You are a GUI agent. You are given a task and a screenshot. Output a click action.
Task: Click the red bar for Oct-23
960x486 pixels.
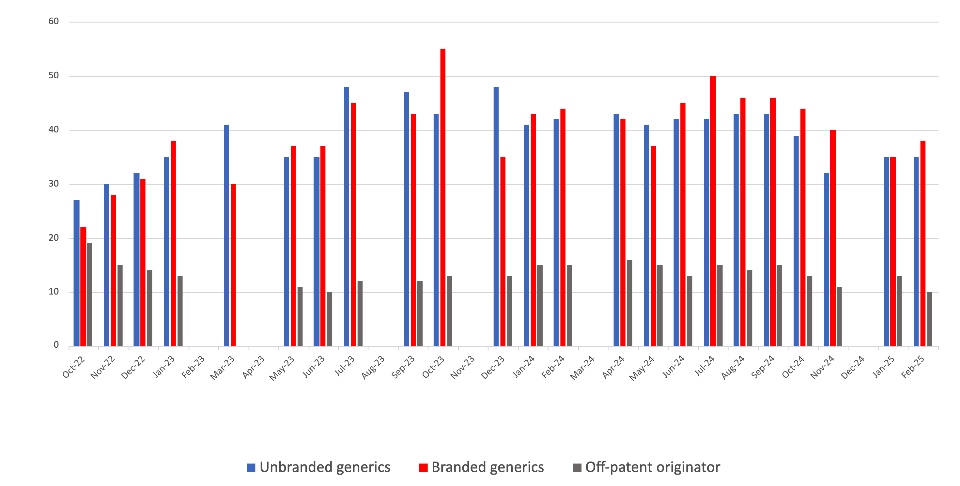click(443, 197)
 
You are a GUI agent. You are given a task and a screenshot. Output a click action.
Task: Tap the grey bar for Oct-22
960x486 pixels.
click(90, 295)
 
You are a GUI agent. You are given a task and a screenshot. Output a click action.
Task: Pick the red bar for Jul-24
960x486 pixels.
click(713, 211)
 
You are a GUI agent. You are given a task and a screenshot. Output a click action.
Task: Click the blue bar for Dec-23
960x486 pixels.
click(496, 216)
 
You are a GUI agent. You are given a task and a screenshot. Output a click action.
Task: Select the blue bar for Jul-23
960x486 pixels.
click(347, 216)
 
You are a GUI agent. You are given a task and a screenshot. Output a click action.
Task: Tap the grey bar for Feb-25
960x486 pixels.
click(929, 319)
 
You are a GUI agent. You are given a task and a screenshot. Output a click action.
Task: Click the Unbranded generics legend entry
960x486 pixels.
click(318, 467)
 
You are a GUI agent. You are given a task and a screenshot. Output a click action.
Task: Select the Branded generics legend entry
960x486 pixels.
click(482, 467)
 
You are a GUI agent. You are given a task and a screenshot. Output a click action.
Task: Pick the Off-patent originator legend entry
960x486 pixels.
click(647, 467)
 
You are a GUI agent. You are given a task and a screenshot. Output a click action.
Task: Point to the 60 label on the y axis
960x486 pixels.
click(54, 21)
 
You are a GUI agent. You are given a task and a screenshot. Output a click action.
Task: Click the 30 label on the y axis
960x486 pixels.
click(54, 184)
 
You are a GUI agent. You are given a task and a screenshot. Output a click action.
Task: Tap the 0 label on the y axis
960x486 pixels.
click(56, 345)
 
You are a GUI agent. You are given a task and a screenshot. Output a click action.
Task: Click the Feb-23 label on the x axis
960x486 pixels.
click(193, 367)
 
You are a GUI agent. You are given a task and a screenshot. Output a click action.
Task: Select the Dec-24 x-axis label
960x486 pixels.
click(853, 367)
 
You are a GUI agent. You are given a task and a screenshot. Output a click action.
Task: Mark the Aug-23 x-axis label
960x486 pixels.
click(373, 367)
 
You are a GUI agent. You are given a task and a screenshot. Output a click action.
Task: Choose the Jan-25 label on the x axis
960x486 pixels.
click(883, 367)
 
